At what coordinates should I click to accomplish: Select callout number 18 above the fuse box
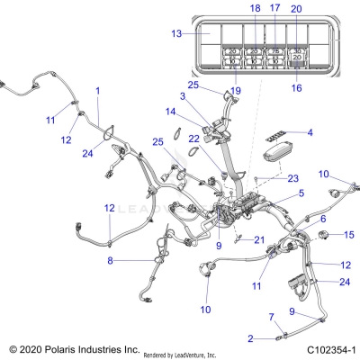pyautogui.click(x=229, y=8)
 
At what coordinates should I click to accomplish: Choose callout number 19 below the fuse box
pyautogui.click(x=237, y=91)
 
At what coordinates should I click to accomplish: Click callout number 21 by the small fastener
pyautogui.click(x=259, y=239)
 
